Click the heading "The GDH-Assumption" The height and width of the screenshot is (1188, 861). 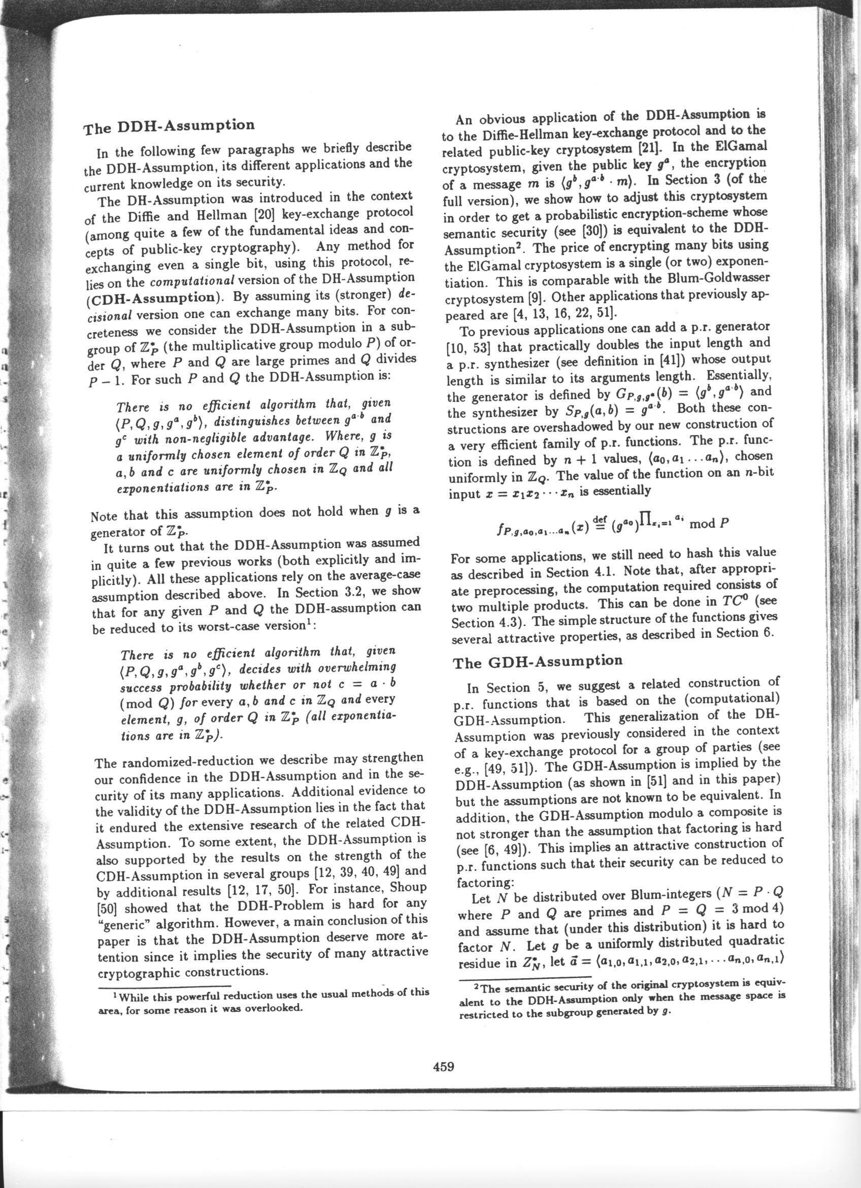point(538,662)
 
